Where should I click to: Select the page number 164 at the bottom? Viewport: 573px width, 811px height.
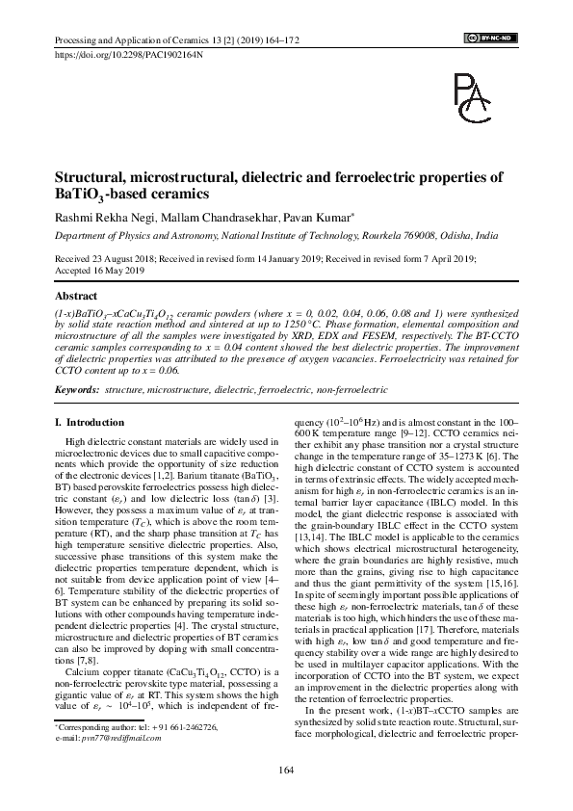[286, 768]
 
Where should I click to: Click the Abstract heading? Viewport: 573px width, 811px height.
[78, 297]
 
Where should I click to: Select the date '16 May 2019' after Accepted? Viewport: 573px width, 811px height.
[117, 272]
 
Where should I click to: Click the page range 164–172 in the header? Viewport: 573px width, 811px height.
[278, 39]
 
